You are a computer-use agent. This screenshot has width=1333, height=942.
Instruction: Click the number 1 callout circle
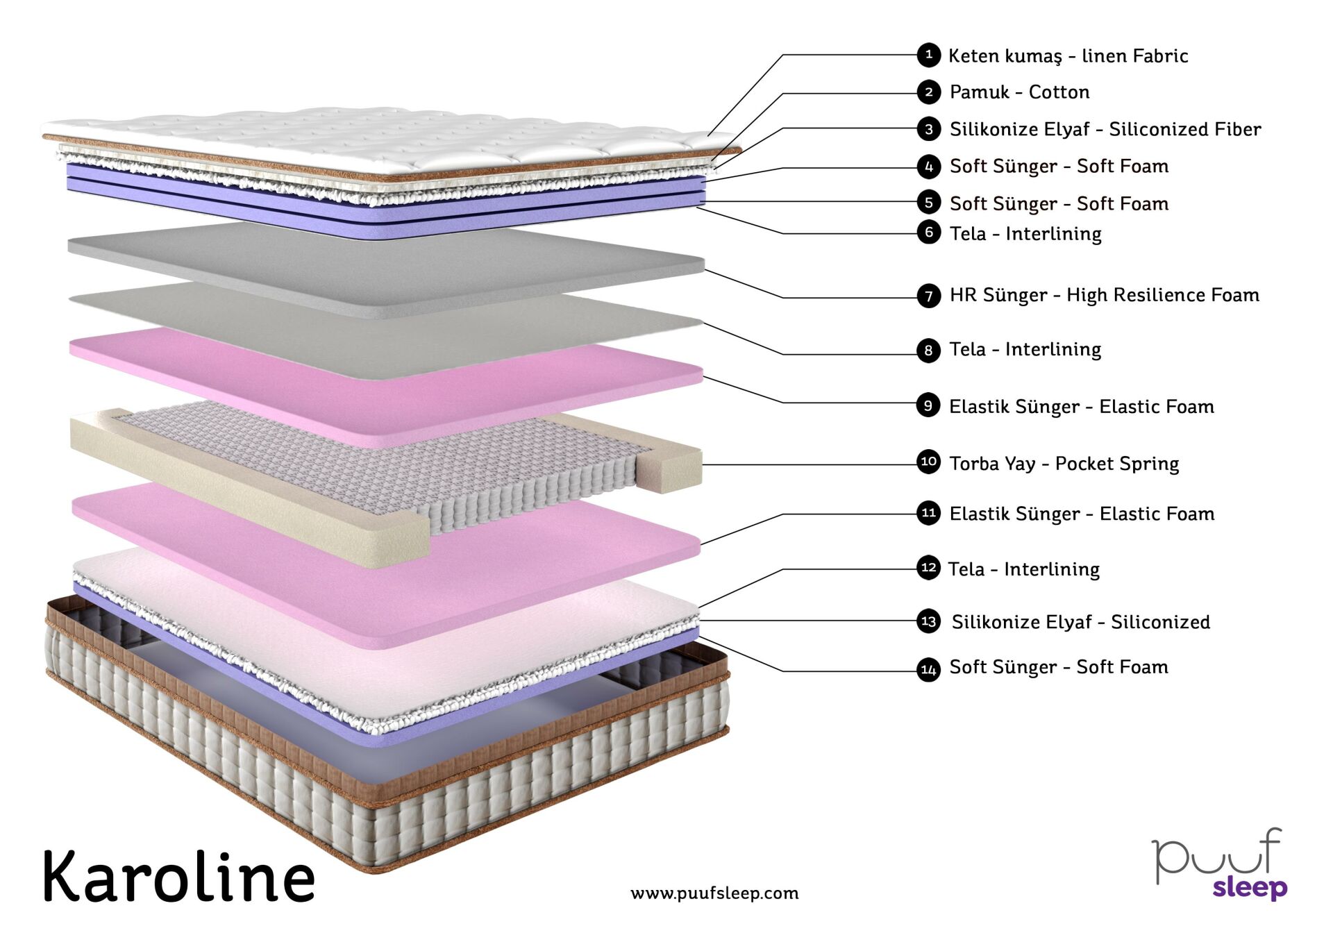pos(928,55)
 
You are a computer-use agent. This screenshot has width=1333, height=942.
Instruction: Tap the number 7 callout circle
pos(928,296)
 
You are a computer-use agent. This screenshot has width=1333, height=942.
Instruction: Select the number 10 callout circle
pos(928,462)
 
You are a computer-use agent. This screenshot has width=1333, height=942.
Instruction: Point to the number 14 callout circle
pos(928,670)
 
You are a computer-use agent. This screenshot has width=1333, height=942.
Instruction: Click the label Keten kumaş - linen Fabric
pos(1068,56)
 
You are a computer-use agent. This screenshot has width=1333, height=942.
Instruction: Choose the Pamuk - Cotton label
pos(1019,92)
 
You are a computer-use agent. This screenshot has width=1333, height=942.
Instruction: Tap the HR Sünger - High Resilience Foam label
pos(1104,295)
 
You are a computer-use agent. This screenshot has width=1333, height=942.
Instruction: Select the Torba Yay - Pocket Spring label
pos(1064,464)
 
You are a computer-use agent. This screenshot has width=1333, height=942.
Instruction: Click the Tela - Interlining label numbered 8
pos(1025,349)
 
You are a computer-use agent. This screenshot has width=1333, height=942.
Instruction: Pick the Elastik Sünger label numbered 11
pos(1082,514)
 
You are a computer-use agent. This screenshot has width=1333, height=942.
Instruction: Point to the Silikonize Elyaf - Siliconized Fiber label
pos(1105,129)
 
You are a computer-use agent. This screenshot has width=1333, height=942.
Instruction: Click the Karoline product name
pos(179,876)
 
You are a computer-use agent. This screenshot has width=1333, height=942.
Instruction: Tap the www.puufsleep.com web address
pos(714,893)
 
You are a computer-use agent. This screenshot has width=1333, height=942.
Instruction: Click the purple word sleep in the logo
pos(1250,888)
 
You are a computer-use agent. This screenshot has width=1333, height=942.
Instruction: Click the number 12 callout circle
pos(928,568)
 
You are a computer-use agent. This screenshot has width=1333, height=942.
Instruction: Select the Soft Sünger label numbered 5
pos(1059,204)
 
